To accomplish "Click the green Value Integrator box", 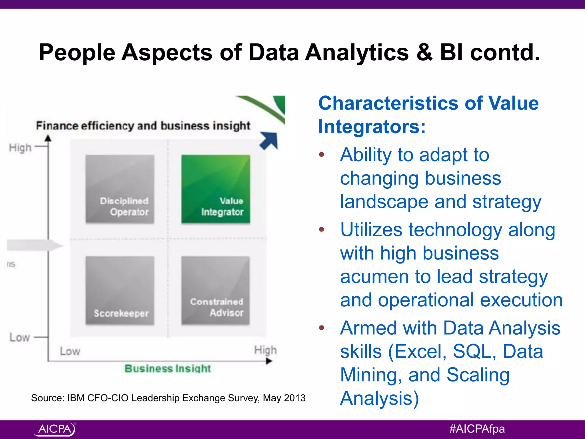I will [216, 189].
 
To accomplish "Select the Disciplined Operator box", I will [120, 189].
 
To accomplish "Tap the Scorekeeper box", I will [120, 290].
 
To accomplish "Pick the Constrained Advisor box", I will [216, 290].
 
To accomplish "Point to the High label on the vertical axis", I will [20, 148].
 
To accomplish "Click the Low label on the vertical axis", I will [19, 337].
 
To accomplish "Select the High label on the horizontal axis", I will [265, 350].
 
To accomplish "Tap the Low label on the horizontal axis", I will [70, 351].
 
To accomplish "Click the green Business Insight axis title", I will [168, 368].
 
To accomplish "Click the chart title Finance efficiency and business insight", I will [143, 126].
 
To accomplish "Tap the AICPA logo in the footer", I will [55, 429].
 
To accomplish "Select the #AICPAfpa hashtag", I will [477, 429].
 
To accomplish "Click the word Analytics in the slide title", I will [357, 53].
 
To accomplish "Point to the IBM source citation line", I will [168, 398].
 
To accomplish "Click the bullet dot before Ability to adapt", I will [322, 155].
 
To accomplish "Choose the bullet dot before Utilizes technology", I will [322, 229].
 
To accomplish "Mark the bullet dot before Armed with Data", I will [322, 328].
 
